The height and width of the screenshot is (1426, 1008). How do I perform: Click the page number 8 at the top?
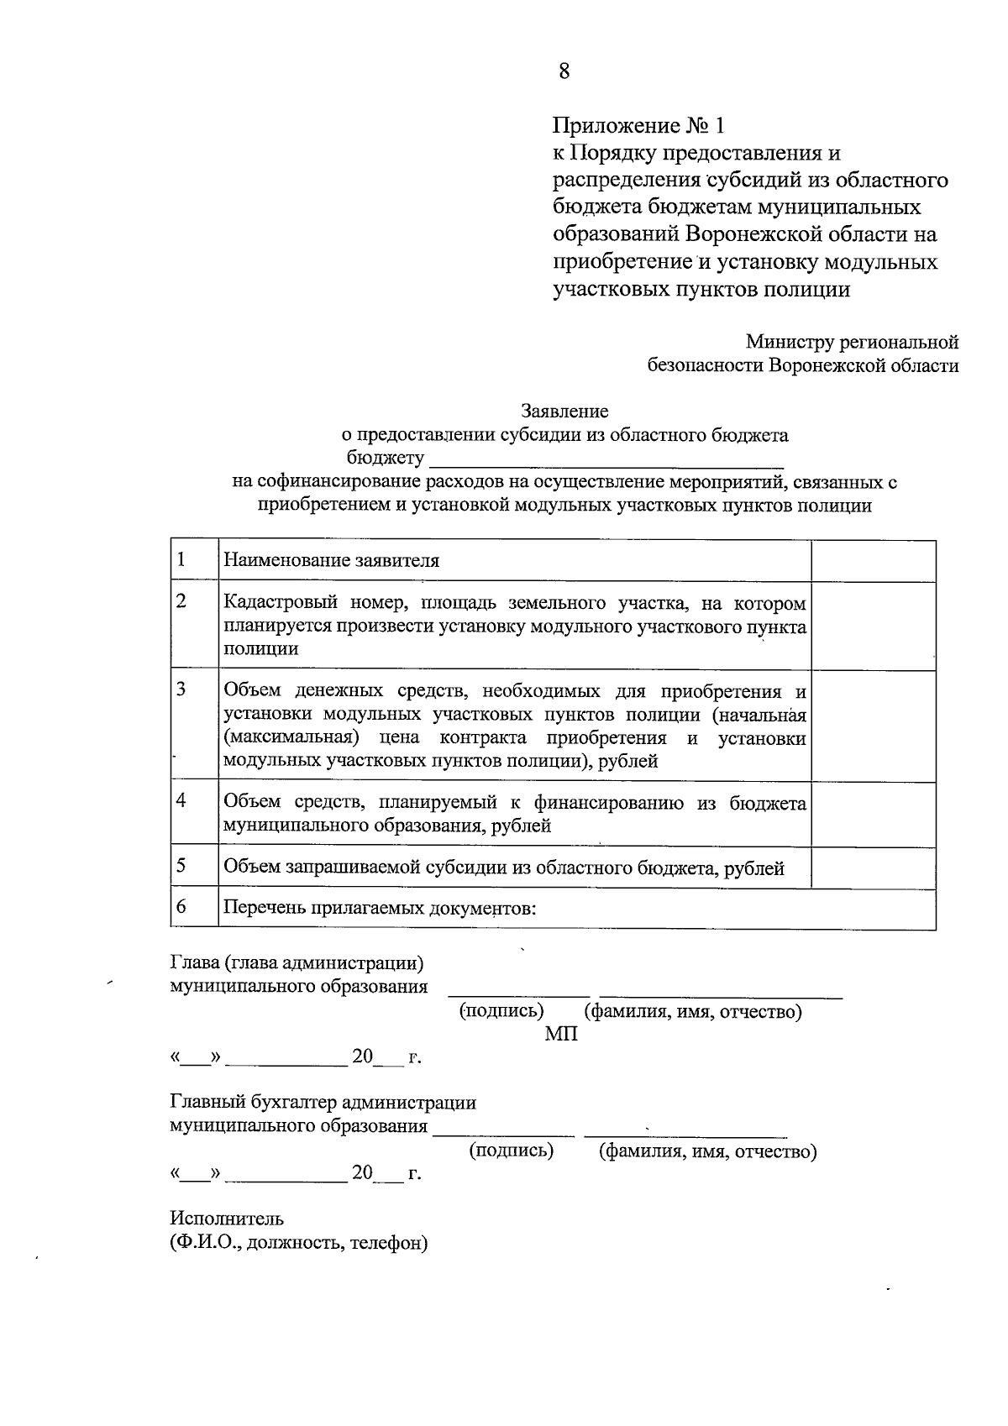564,71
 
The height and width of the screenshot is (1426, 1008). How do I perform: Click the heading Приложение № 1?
638,126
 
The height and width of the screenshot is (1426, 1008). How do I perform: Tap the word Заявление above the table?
564,412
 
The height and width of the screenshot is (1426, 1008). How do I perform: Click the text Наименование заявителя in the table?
331,561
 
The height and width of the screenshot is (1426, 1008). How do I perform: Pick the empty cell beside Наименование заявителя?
873,561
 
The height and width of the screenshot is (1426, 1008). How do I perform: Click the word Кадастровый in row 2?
280,604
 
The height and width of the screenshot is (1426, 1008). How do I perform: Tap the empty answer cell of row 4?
873,813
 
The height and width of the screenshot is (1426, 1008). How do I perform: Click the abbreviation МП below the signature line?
561,1035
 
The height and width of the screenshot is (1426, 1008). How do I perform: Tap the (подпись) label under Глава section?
501,1011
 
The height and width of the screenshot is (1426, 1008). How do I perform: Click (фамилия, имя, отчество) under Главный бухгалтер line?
707,1151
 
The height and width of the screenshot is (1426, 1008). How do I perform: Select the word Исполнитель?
227,1219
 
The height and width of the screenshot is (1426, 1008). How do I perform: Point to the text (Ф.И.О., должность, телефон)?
299,1243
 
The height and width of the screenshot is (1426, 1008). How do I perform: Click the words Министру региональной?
852,343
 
